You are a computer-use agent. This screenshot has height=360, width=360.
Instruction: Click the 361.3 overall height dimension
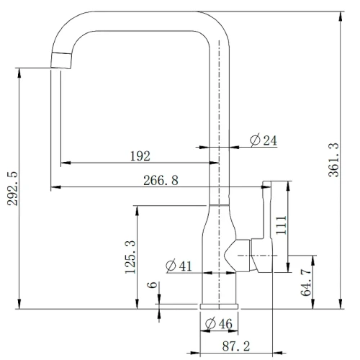point(333,160)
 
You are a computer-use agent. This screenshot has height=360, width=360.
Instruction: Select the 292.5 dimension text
point(12,189)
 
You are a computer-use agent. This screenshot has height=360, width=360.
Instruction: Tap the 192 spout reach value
point(140,156)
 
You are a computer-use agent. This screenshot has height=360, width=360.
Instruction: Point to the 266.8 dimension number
point(161,180)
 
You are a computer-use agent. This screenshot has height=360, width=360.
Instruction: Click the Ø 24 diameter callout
point(264,140)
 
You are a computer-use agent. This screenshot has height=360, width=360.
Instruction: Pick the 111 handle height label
point(282,225)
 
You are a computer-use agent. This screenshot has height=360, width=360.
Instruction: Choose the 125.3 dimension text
point(130,257)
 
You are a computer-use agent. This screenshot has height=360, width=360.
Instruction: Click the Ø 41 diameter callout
point(179,266)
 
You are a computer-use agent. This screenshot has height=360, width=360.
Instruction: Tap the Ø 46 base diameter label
point(219,323)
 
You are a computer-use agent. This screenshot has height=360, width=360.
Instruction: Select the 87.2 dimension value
point(236,346)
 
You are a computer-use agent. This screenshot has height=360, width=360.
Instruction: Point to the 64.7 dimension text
point(306,282)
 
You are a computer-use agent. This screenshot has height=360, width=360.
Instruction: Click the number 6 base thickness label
point(152,285)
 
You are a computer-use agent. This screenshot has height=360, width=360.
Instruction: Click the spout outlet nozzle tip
point(61,60)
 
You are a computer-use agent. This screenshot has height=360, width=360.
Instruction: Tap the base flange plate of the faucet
point(219,306)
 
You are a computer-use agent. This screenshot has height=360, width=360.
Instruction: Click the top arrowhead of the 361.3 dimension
point(341,16)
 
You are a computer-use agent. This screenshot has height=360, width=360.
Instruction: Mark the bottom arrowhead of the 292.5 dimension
point(19,304)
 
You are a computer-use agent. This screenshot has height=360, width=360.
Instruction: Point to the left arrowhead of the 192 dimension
point(66,163)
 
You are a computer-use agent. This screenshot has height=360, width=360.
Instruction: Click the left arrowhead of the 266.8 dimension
point(56,186)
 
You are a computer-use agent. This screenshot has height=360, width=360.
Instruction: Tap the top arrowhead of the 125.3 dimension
point(137,211)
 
